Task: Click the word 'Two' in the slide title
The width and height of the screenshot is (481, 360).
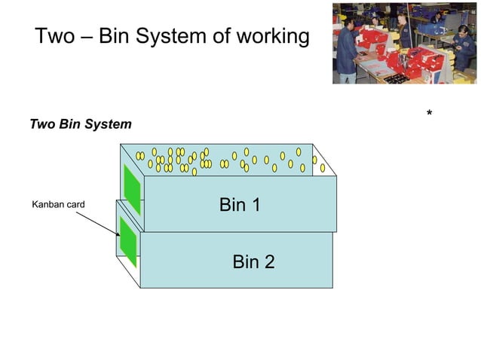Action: [x=55, y=36]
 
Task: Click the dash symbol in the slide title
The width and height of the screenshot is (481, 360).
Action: [x=87, y=37]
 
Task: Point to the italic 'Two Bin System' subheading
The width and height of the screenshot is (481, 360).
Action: [x=80, y=124]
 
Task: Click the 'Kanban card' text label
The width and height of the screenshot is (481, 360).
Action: [x=58, y=204]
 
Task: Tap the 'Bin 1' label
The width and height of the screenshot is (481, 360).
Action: [x=240, y=204]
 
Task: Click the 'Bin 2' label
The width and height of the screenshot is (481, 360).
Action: [x=253, y=261]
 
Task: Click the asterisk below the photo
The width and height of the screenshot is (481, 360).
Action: [x=429, y=114]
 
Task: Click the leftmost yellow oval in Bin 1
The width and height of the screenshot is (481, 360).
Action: [x=139, y=156]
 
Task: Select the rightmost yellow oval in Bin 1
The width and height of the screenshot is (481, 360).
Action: [x=323, y=168]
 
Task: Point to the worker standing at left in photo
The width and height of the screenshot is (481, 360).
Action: [x=348, y=49]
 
